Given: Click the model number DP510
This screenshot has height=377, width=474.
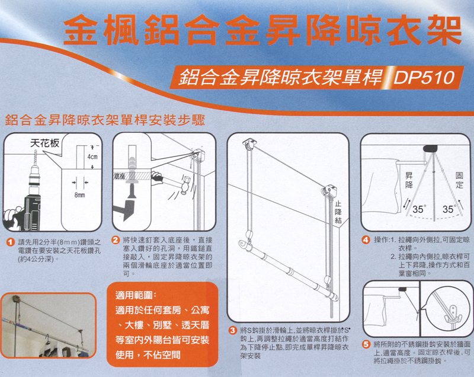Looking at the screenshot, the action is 424,78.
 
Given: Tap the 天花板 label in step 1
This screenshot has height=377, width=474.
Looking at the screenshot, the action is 45,143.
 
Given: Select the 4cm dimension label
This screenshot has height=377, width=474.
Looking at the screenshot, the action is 92,157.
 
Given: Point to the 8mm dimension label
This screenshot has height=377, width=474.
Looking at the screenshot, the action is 79,195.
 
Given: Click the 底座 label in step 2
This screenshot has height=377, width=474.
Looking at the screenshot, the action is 120,176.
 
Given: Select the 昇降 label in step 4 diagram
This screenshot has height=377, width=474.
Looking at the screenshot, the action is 409,180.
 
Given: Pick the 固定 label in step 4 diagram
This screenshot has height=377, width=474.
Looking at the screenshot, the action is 459,180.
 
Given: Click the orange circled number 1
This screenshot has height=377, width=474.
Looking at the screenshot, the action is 11,242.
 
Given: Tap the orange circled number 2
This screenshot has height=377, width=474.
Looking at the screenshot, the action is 116,240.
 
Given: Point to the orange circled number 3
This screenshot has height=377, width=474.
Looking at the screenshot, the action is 233,330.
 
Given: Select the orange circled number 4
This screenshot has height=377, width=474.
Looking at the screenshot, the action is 366,239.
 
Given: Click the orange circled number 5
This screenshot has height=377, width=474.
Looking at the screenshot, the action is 366,344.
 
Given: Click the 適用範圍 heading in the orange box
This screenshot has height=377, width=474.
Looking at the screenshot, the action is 136,295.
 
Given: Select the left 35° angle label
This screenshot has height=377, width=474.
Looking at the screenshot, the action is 419,209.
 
